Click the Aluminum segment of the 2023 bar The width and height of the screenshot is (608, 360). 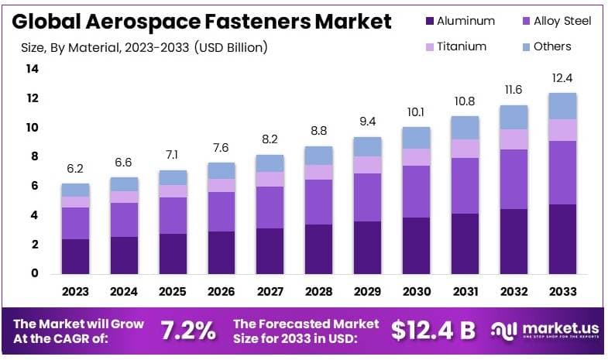tap(76, 255)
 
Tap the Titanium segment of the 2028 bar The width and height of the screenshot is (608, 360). tap(319, 172)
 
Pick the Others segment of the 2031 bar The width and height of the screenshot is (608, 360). tap(465, 128)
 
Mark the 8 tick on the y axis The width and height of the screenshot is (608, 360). tap(35, 156)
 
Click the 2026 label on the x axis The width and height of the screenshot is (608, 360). tap(222, 292)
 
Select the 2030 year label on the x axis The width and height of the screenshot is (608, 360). tap(416, 292)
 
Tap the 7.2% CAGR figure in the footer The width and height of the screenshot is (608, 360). tap(188, 330)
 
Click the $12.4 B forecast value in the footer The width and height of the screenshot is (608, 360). tap(433, 330)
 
